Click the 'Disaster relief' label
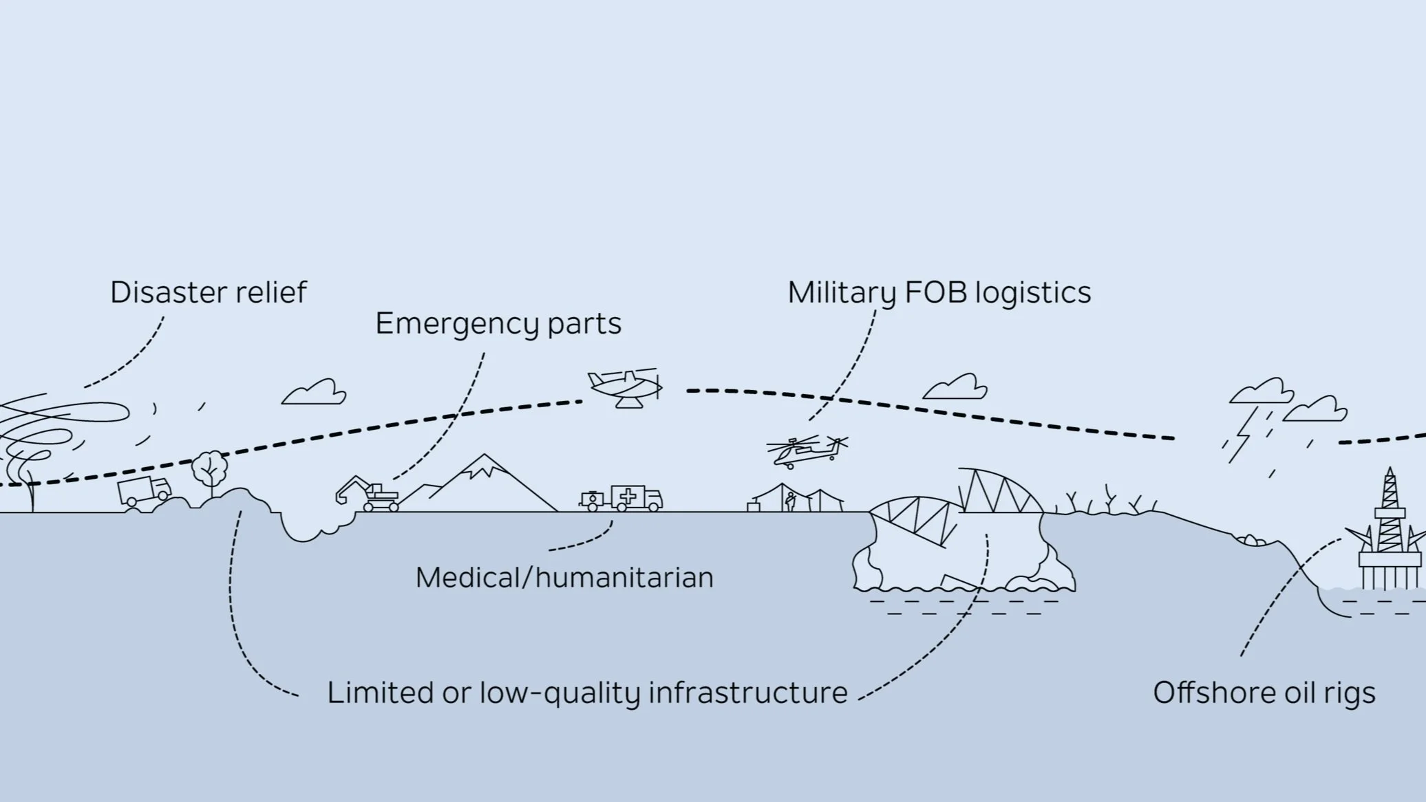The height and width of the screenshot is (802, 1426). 208,292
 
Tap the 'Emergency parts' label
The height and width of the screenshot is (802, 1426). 498,323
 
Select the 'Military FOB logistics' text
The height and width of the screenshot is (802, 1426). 939,292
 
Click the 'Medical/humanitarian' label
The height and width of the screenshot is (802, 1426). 564,577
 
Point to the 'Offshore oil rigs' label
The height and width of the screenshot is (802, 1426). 1264,693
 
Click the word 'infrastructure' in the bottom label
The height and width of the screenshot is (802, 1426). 747,693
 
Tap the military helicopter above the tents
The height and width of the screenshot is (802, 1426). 805,451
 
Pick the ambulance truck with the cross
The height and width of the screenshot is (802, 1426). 636,497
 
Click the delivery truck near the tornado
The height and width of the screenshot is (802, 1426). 144,491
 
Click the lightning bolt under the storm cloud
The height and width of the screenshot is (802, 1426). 1242,440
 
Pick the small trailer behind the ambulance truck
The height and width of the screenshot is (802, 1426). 591,499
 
